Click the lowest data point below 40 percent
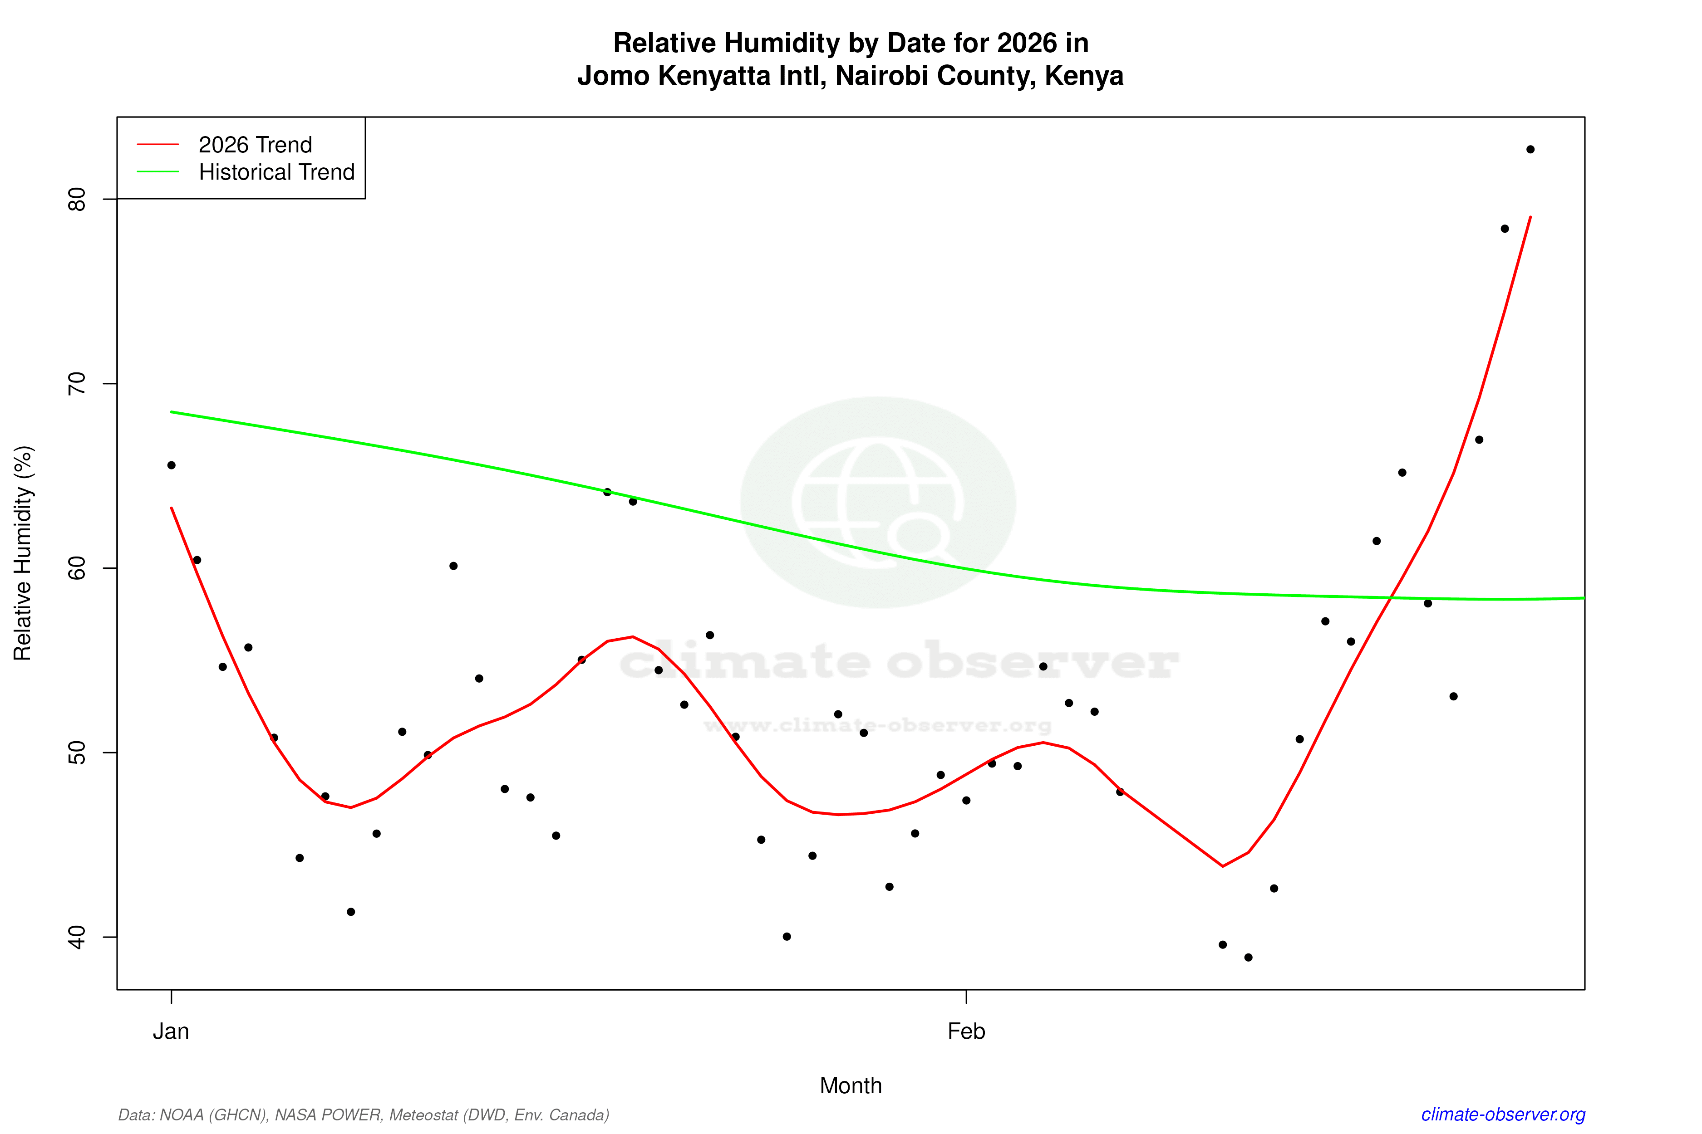coord(1248,958)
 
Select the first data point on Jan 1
coord(172,465)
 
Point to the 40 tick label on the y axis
coord(77,937)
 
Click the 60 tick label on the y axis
coord(77,568)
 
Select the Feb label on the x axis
coord(966,1031)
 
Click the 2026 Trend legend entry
coord(255,145)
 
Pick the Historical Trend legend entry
coord(276,172)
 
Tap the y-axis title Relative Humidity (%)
coord(23,553)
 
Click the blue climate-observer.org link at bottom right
coord(1503,1114)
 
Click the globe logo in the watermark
coord(878,502)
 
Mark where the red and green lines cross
coord(1391,597)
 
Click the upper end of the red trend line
coord(1530,217)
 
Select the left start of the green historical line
coord(172,412)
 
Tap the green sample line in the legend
coord(158,172)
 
